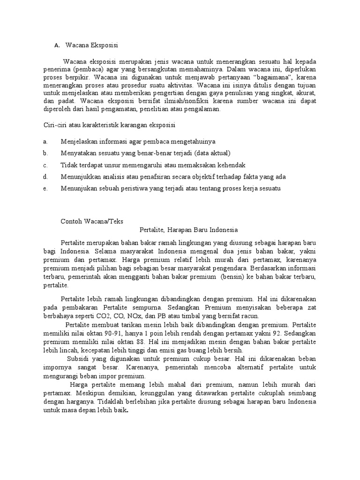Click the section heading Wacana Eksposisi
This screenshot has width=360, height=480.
pyautogui.click(x=92, y=45)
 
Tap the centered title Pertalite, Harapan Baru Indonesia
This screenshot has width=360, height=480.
pyautogui.click(x=189, y=230)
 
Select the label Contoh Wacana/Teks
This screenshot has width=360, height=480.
pyautogui.click(x=92, y=221)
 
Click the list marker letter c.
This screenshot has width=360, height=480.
pyautogui.click(x=45, y=165)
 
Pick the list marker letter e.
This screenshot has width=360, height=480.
pyautogui.click(x=45, y=188)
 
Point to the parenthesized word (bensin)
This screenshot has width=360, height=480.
pyautogui.click(x=229, y=277)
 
